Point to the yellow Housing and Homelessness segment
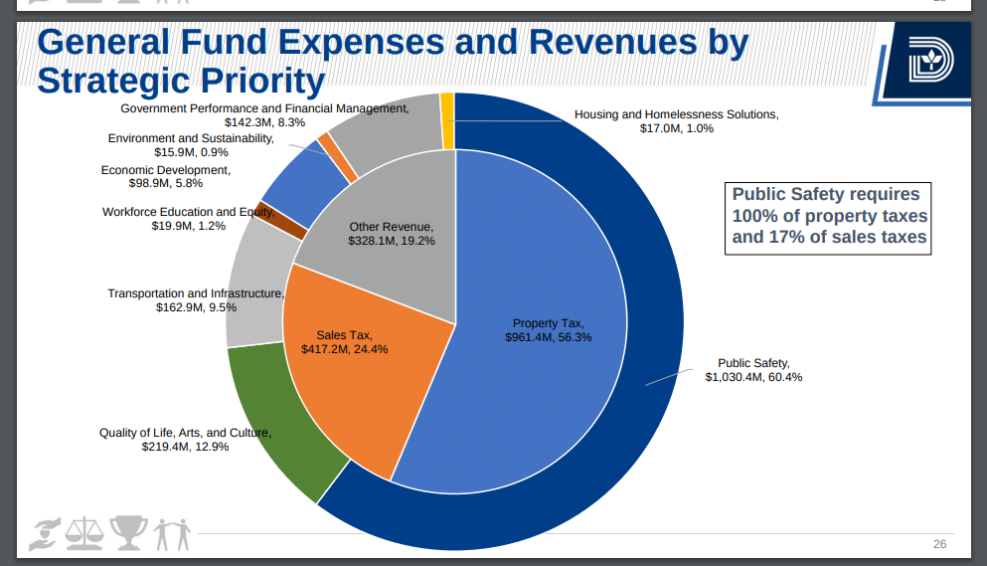[447, 120]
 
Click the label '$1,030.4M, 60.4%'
[753, 377]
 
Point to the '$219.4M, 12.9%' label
[185, 447]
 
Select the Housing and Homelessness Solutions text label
[676, 114]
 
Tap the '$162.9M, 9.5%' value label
[196, 307]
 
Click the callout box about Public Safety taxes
[829, 216]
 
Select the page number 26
[939, 544]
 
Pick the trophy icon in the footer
[128, 531]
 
